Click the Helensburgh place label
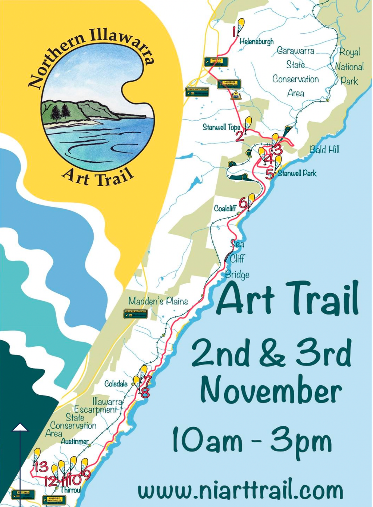click(256, 41)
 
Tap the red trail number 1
click(234, 31)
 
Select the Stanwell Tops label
click(221, 127)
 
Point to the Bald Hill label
click(325, 150)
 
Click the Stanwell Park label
click(297, 173)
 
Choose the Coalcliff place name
click(225, 208)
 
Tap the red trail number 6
click(243, 204)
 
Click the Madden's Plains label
click(158, 301)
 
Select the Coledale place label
click(116, 384)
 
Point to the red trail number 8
click(145, 393)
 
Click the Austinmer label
click(75, 441)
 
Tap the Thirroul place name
click(70, 489)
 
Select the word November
click(271, 391)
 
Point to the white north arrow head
click(20, 428)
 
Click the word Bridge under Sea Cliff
click(237, 275)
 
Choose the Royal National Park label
click(349, 66)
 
